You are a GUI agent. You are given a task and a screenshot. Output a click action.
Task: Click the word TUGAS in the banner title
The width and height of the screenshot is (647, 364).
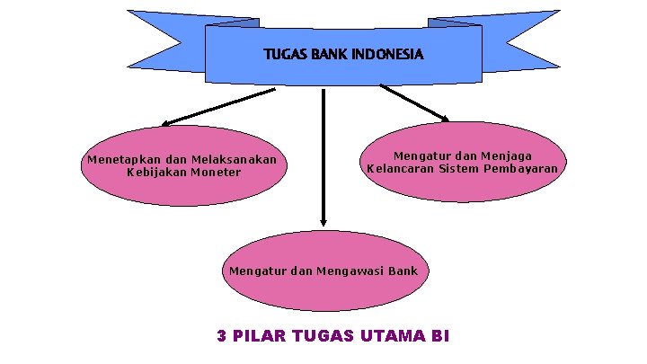[x=283, y=55]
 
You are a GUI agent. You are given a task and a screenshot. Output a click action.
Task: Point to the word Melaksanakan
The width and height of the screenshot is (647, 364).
[x=234, y=160]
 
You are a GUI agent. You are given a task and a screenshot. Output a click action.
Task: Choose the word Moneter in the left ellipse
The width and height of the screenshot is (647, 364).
[x=217, y=172]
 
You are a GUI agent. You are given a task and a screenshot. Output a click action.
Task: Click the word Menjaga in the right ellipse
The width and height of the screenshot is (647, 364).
[x=506, y=155]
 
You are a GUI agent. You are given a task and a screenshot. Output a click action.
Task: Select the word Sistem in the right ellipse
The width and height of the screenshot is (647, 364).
[x=461, y=168]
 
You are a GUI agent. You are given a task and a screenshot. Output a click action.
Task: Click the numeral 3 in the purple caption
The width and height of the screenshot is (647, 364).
[x=222, y=336]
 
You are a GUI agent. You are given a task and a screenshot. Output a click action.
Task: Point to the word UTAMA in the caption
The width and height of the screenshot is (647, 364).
[x=392, y=336]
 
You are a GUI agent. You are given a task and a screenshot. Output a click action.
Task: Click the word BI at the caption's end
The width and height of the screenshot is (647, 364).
[x=439, y=336]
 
